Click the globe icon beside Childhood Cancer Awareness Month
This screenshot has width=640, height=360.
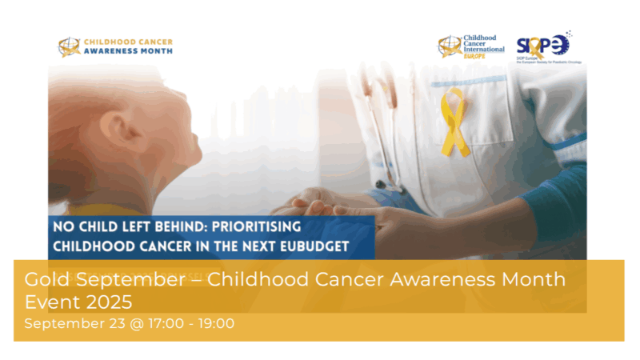tap(70, 46)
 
